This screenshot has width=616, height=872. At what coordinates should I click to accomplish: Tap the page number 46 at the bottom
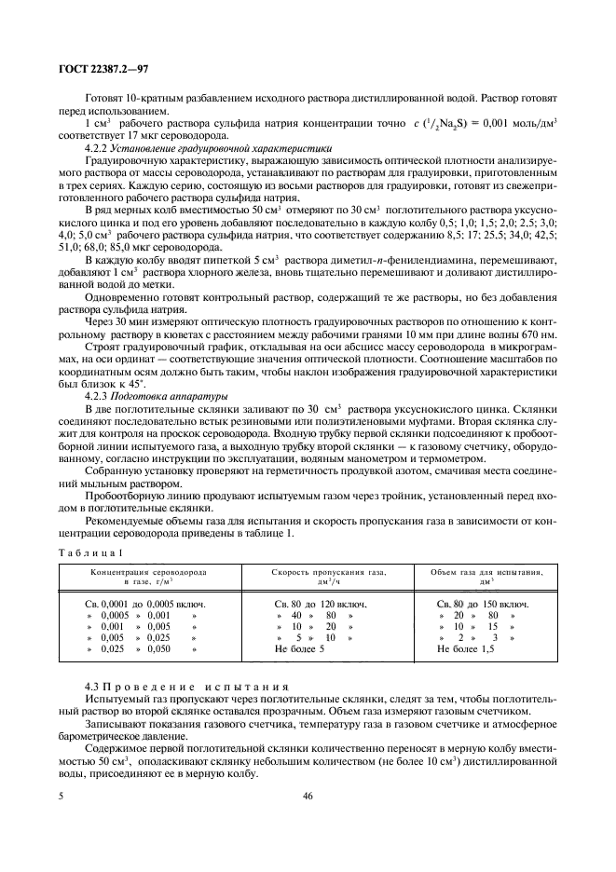(x=308, y=797)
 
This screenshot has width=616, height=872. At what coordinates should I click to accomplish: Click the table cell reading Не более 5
(x=299, y=648)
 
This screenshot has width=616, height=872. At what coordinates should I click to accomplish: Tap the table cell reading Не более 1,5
(x=466, y=648)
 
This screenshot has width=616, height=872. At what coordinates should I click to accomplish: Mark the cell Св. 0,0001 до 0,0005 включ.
(x=140, y=604)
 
